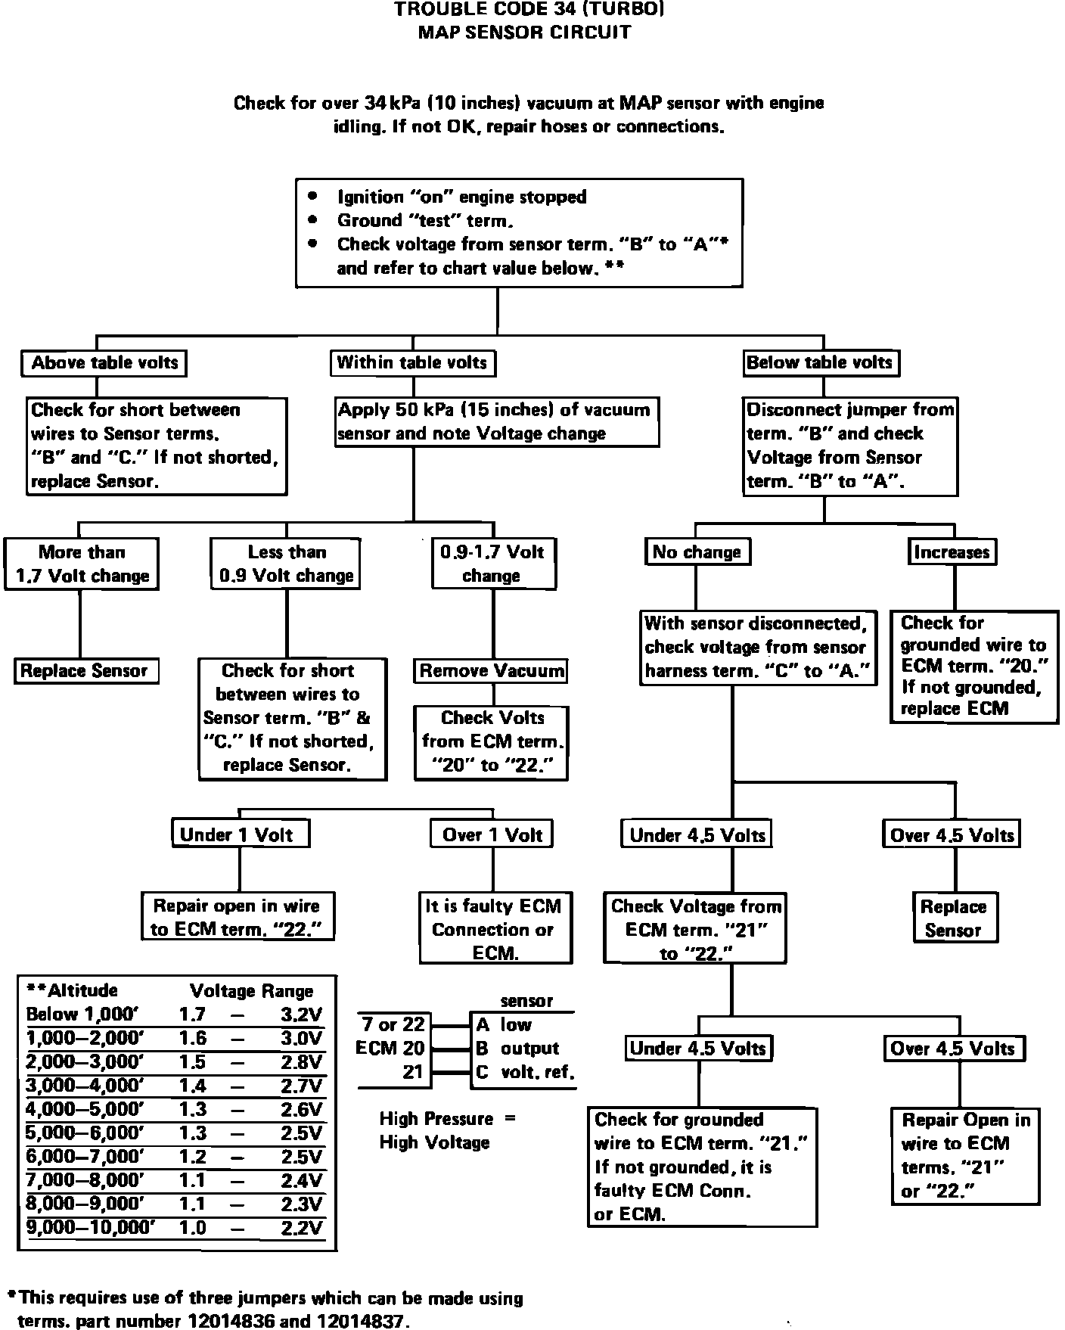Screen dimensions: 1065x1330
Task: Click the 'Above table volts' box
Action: coord(104,363)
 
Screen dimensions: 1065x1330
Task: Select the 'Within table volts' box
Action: coord(412,363)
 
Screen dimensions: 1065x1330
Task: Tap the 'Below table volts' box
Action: coord(821,363)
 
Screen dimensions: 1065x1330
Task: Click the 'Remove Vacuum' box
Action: coord(492,671)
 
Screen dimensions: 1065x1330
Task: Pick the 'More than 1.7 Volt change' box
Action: coord(82,564)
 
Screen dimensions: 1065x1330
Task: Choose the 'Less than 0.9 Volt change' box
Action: coord(286,564)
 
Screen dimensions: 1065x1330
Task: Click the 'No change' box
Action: coord(696,552)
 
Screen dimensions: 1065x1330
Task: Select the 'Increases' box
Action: coord(952,552)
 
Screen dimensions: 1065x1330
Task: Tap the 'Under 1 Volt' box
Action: coord(239,835)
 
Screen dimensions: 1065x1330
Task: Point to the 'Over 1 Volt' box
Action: coord(492,835)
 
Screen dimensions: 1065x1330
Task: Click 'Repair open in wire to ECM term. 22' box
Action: coord(239,917)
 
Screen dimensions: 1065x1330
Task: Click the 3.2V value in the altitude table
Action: coord(302,1015)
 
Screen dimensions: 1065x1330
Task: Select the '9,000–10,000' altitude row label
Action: coord(91,1228)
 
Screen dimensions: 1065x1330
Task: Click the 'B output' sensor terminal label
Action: coord(517,1049)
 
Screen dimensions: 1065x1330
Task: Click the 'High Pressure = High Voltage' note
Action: coord(447,1130)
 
